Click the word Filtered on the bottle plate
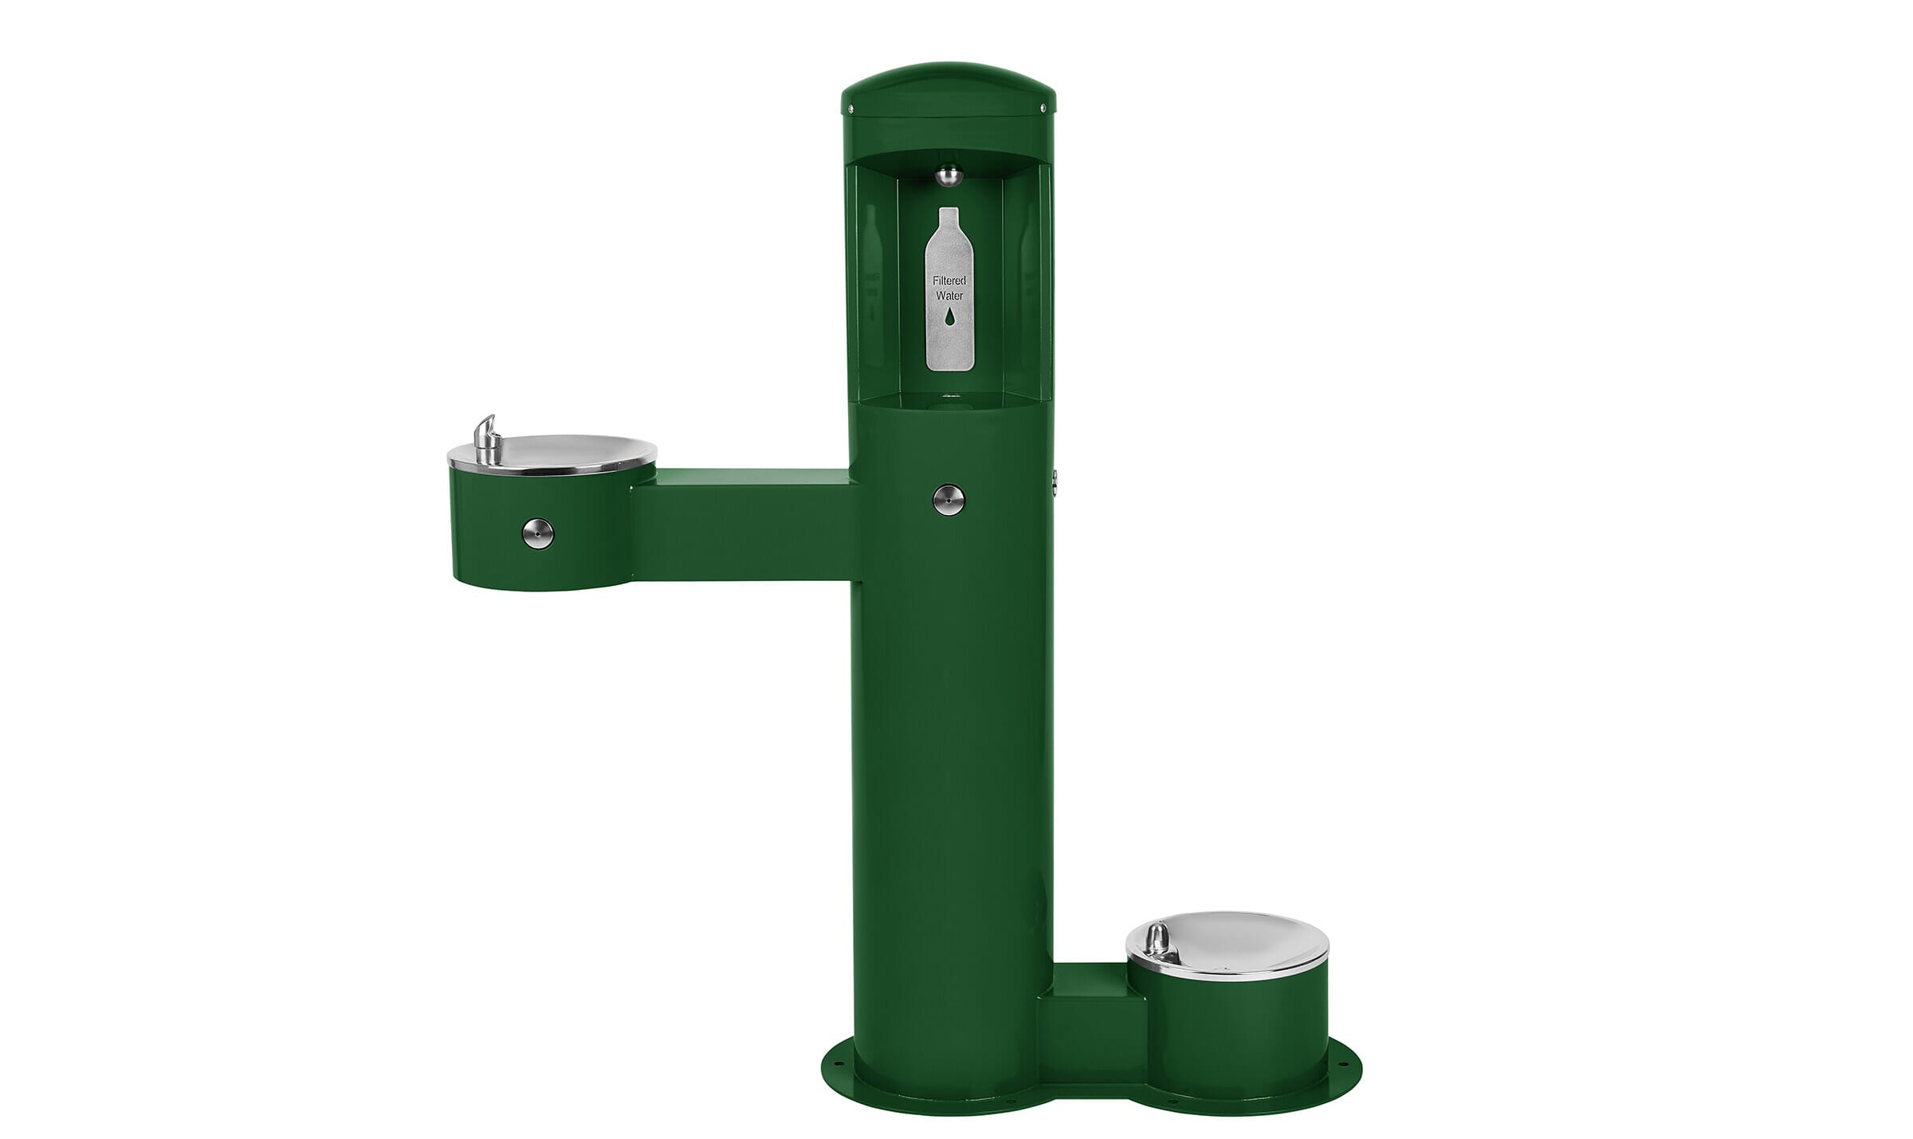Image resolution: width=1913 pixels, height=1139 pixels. [949, 281]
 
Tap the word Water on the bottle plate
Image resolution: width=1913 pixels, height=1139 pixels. [949, 296]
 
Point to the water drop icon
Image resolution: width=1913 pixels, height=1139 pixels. [949, 317]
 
